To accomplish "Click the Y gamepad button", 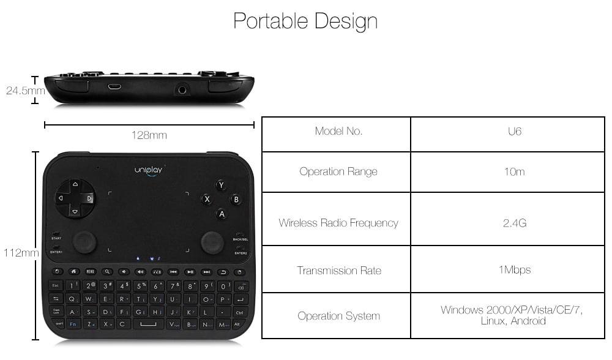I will click(x=221, y=185).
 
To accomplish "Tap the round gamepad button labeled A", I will click(x=221, y=214).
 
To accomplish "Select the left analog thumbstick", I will click(x=84, y=242).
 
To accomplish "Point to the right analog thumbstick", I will click(x=212, y=242).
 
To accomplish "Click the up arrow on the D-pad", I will click(x=75, y=184).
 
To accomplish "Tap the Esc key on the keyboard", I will click(x=56, y=286).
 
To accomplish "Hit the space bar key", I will click(x=148, y=324).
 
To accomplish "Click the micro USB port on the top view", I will click(x=114, y=86).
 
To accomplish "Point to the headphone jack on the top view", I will click(x=182, y=90).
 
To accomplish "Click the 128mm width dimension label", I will click(x=149, y=135).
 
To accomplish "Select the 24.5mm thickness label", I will click(x=24, y=91).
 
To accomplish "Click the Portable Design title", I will click(x=305, y=21).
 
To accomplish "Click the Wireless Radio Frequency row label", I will click(x=338, y=223).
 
